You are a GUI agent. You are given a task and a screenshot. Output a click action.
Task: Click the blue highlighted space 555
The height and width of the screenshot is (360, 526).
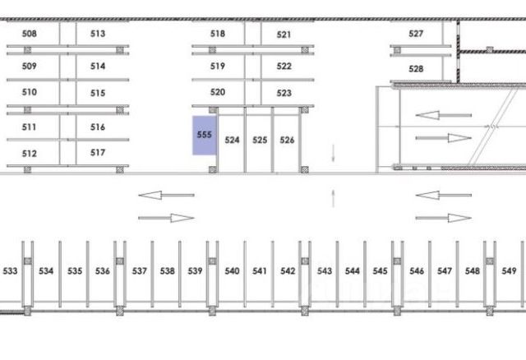click(x=204, y=136)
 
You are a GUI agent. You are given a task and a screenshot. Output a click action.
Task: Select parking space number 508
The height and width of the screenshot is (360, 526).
click(x=30, y=34)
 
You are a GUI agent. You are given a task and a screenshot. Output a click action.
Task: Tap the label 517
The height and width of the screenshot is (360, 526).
click(x=98, y=153)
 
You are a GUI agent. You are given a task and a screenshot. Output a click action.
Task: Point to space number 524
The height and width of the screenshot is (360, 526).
click(x=232, y=141)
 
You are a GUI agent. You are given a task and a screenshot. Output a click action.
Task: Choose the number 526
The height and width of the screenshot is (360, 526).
click(x=287, y=141)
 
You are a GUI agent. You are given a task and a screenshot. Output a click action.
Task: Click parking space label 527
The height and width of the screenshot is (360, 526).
click(x=416, y=34)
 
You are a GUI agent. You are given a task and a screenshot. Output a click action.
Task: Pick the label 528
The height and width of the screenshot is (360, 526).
click(x=416, y=69)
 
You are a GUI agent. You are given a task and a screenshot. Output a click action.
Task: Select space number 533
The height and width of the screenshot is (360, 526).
click(x=11, y=271)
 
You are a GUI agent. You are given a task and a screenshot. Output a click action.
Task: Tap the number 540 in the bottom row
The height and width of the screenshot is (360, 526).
click(x=232, y=271)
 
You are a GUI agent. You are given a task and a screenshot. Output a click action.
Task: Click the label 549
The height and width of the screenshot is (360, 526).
click(x=509, y=271)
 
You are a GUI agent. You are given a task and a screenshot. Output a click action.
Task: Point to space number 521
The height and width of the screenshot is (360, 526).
click(x=284, y=35)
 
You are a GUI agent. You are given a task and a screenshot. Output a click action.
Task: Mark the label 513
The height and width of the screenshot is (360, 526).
click(x=98, y=34)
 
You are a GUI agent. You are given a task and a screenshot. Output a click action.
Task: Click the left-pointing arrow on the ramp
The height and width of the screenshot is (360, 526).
click(x=444, y=115)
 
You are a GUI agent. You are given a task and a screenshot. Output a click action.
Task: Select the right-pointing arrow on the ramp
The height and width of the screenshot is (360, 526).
click(x=444, y=137)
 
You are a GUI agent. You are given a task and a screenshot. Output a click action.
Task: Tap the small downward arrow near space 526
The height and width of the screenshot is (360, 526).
click(x=334, y=153)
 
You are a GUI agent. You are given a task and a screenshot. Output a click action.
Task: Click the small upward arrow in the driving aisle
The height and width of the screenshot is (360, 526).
click(x=334, y=197)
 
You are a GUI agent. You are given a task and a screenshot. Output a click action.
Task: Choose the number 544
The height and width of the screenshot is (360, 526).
click(x=353, y=271)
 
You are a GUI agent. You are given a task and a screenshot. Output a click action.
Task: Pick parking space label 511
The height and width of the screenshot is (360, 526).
click(x=30, y=127)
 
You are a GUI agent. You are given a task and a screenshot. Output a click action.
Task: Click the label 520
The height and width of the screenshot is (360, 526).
click(x=218, y=92)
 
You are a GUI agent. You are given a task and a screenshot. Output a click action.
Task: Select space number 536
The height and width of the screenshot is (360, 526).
click(x=103, y=271)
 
